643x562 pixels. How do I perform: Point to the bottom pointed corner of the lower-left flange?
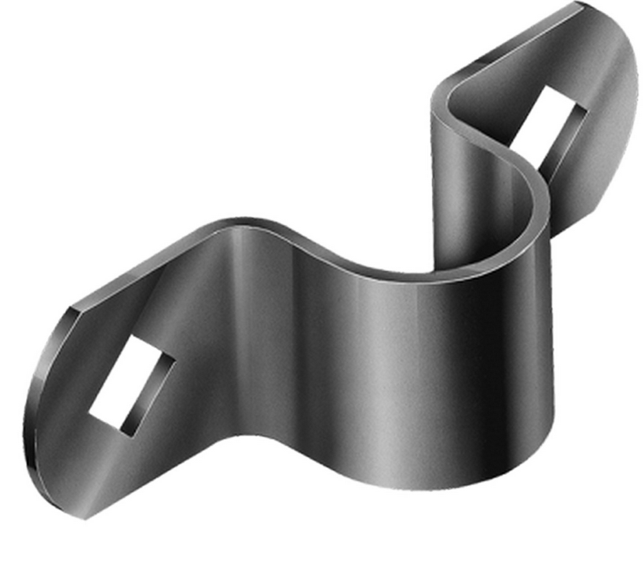85,516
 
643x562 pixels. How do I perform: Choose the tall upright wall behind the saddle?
467,192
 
